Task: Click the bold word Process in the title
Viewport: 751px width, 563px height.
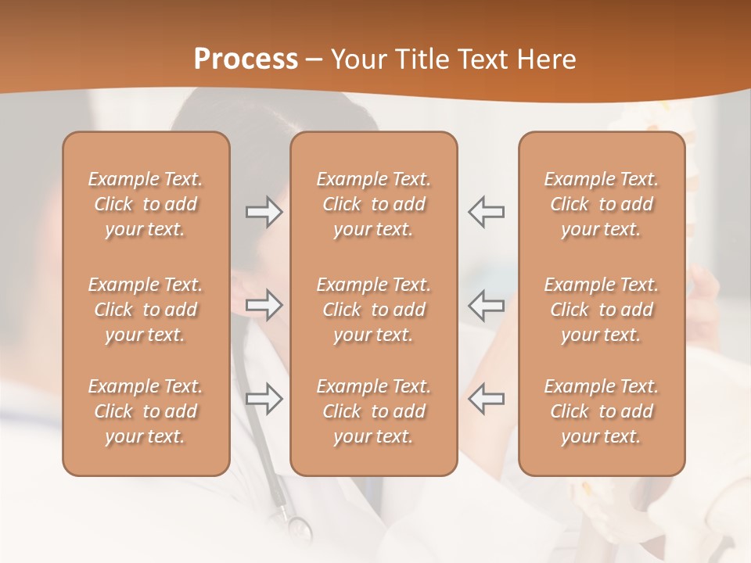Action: click(x=246, y=59)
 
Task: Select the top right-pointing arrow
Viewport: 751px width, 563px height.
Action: click(x=264, y=212)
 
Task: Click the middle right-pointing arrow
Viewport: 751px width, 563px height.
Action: click(x=264, y=305)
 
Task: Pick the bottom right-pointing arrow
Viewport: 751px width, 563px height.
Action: click(x=264, y=398)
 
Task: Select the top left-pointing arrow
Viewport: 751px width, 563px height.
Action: click(x=486, y=212)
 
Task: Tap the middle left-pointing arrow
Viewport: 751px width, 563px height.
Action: click(x=486, y=305)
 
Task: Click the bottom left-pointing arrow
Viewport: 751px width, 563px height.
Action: click(x=486, y=398)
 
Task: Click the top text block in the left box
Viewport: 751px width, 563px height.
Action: click(x=146, y=204)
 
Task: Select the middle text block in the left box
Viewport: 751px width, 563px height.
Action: click(x=146, y=310)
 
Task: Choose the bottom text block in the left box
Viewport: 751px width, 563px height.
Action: click(x=146, y=411)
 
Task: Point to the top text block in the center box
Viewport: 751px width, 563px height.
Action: click(x=373, y=204)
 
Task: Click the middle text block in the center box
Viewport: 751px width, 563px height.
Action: click(x=373, y=310)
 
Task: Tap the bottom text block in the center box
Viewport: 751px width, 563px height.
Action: click(x=373, y=411)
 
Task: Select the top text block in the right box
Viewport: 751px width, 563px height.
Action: click(x=601, y=204)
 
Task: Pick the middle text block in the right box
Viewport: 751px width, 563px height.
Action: click(x=601, y=310)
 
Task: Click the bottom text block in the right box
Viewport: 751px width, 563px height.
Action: click(x=601, y=411)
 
